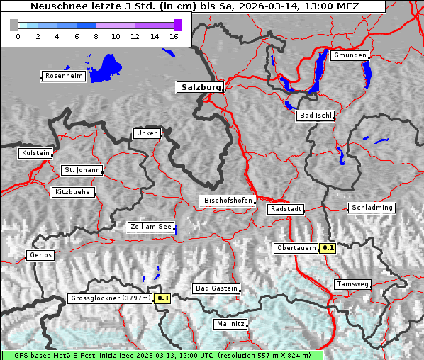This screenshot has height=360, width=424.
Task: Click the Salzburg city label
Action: pyautogui.click(x=200, y=87)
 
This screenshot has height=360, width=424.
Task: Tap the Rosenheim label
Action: pyautogui.click(x=63, y=76)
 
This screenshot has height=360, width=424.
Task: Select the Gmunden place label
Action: pyautogui.click(x=350, y=55)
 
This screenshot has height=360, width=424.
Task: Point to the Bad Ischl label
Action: pyautogui.click(x=315, y=116)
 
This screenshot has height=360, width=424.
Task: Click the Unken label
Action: pyautogui.click(x=146, y=133)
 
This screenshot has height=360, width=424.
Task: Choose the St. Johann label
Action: pyautogui.click(x=82, y=170)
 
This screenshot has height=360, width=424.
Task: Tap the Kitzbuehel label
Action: pyautogui.click(x=73, y=192)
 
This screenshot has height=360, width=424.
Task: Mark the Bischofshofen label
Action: pyautogui.click(x=228, y=201)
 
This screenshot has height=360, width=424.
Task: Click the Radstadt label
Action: pyautogui.click(x=286, y=209)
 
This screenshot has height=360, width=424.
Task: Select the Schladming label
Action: pyautogui.click(x=371, y=208)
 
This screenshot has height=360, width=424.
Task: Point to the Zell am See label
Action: pyautogui.click(x=151, y=227)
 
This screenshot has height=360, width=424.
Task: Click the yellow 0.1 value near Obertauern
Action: pyautogui.click(x=328, y=248)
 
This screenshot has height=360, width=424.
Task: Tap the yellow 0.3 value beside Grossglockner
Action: pyautogui.click(x=163, y=298)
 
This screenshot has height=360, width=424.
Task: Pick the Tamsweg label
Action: pyautogui.click(x=352, y=284)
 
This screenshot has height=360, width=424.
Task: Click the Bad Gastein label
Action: pyautogui.click(x=216, y=288)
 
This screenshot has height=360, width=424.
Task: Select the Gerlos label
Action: pyautogui.click(x=40, y=255)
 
